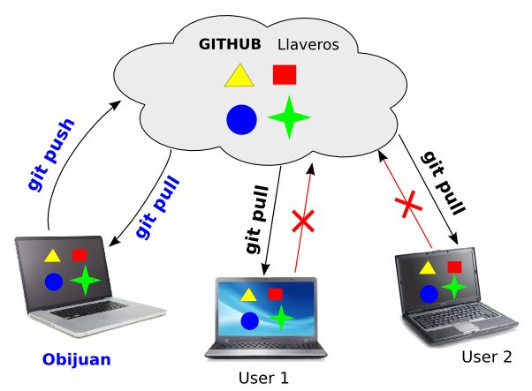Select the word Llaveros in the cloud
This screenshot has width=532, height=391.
click(308, 44)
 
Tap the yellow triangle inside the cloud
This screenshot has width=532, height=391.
click(239, 76)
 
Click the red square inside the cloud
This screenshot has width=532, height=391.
click(285, 75)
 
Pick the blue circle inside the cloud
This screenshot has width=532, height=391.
click(241, 119)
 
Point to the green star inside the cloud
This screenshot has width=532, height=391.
click(288, 117)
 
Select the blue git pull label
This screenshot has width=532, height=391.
click(157, 208)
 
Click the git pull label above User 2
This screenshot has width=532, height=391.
click(445, 184)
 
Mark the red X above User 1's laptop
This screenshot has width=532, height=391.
click(303, 221)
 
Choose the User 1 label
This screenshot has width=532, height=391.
click(263, 378)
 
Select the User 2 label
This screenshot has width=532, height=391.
click(486, 357)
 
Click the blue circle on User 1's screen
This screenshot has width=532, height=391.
click(249, 321)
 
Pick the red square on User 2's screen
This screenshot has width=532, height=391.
click(454, 267)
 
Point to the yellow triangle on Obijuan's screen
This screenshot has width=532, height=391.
click(52, 256)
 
